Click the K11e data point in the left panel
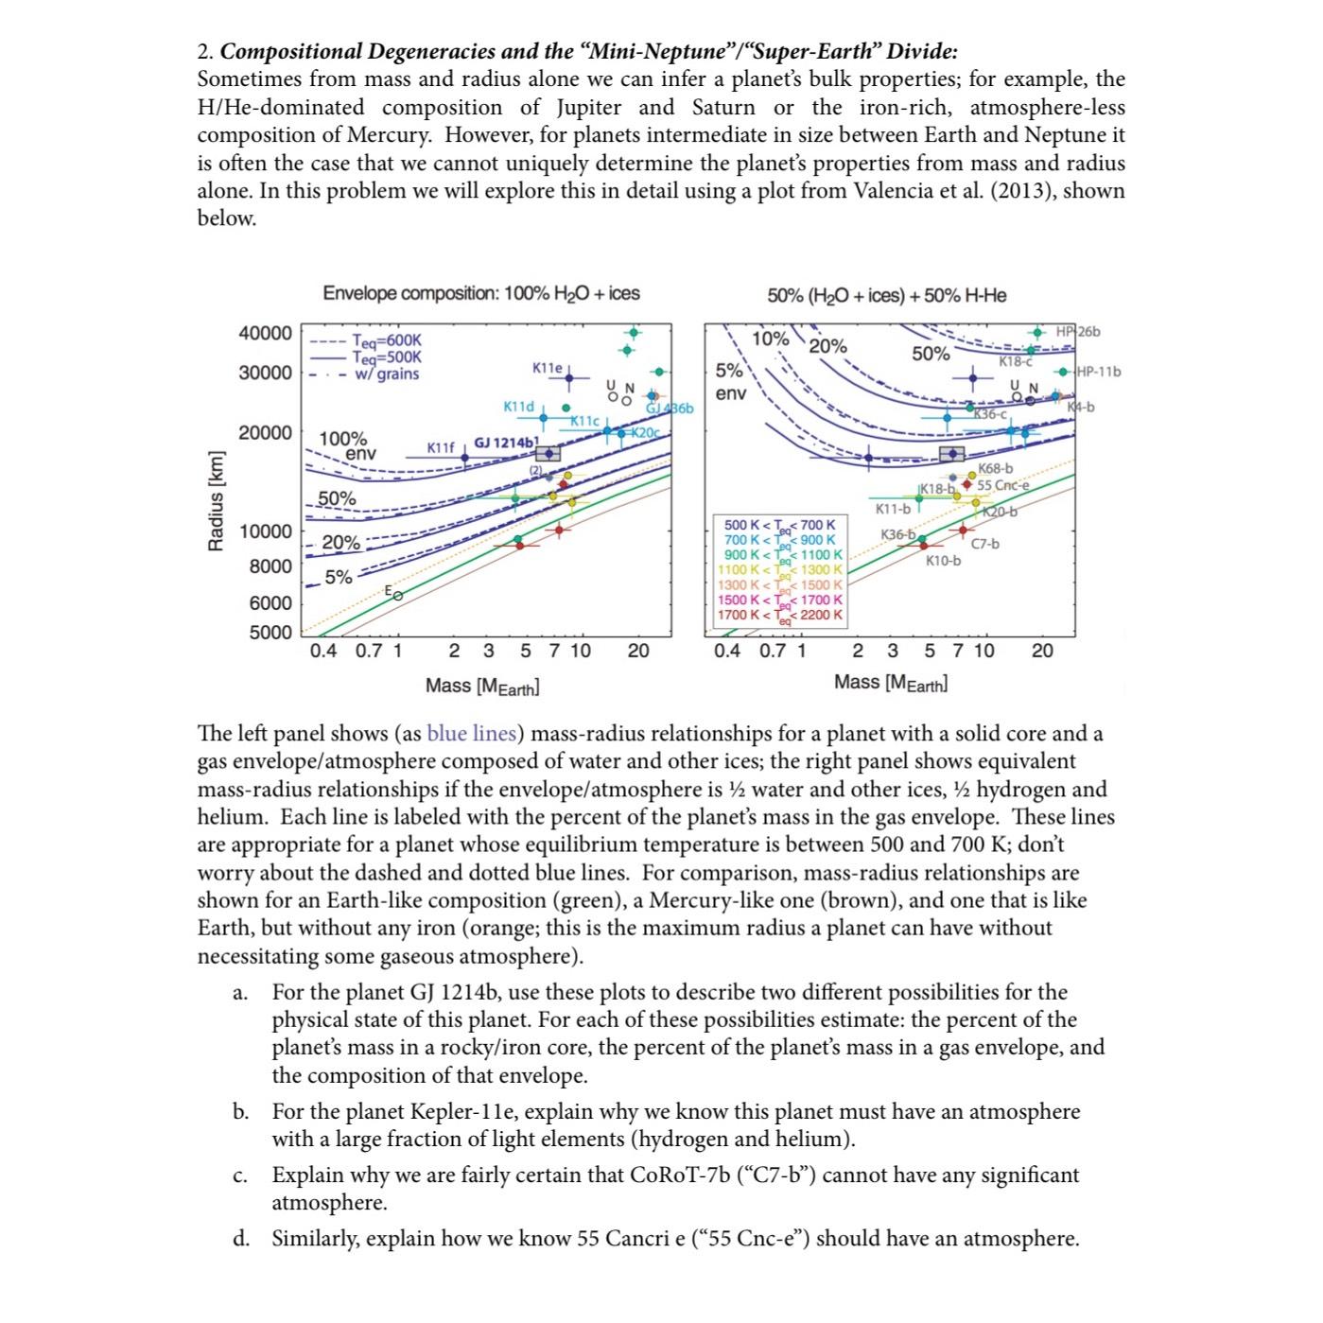tap(569, 377)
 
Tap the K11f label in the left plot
tap(441, 446)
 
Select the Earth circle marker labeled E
tap(397, 596)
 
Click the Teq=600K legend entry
tap(386, 341)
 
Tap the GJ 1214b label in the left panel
tap(504, 443)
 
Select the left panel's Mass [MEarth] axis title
tap(482, 686)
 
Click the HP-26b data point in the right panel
tap(1037, 332)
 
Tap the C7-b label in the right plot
tap(985, 544)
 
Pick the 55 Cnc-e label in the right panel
tap(1002, 485)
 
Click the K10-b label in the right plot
tap(943, 561)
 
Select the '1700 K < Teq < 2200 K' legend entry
tap(779, 615)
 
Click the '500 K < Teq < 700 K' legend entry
tap(779, 524)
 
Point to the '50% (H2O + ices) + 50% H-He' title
tap(886, 295)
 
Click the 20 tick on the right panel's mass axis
tap(1042, 651)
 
